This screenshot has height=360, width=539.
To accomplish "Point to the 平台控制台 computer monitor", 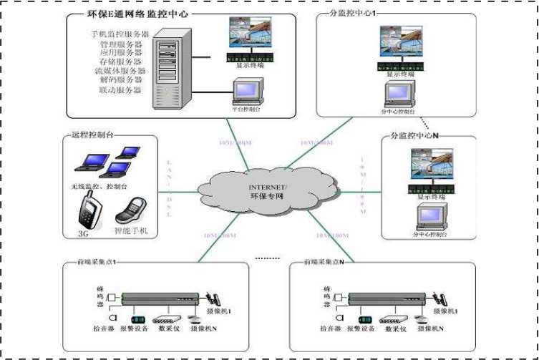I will click(246, 92).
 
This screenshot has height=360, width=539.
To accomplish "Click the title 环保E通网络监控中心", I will click(136, 14).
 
